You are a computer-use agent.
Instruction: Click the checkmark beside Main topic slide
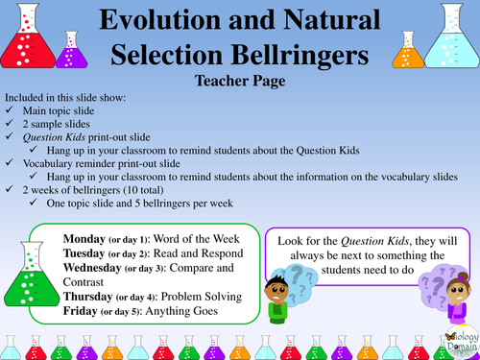tap(10, 111)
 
